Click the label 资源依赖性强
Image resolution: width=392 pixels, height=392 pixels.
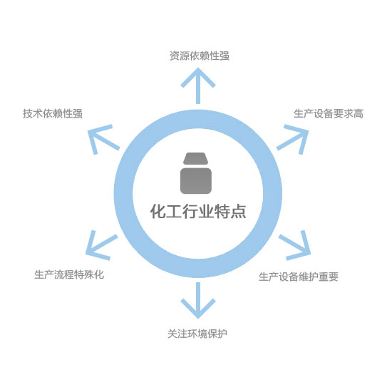tap(200, 56)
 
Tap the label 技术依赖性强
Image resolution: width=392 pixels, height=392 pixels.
tap(53, 113)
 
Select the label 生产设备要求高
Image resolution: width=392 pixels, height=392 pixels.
tap(329, 113)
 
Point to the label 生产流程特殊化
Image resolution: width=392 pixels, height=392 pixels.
tap(69, 274)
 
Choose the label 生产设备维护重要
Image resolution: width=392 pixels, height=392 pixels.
tap(299, 277)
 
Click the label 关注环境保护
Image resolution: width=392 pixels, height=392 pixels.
tap(197, 334)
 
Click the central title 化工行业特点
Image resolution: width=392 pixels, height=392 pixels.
tap(198, 211)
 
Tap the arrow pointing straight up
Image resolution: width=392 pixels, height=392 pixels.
tap(198, 86)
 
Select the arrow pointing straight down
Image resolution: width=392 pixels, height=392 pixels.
tap(198, 300)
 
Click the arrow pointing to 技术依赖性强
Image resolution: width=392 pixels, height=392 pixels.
tap(103, 138)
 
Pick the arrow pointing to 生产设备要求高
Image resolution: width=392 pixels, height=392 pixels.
tap(293, 138)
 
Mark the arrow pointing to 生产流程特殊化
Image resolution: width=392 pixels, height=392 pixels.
tap(101, 244)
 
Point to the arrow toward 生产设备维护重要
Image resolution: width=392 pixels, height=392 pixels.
tap(295, 244)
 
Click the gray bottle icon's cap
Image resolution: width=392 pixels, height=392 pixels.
tap(195, 158)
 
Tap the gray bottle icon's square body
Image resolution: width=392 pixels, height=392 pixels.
tap(196, 181)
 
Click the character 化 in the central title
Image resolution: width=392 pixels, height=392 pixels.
tap(158, 212)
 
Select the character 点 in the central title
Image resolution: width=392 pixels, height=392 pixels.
tap(239, 212)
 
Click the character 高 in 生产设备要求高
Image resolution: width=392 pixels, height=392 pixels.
tap(359, 113)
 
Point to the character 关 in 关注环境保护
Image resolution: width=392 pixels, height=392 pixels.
tap(172, 334)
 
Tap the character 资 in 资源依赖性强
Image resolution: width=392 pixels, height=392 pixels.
tap(175, 56)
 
